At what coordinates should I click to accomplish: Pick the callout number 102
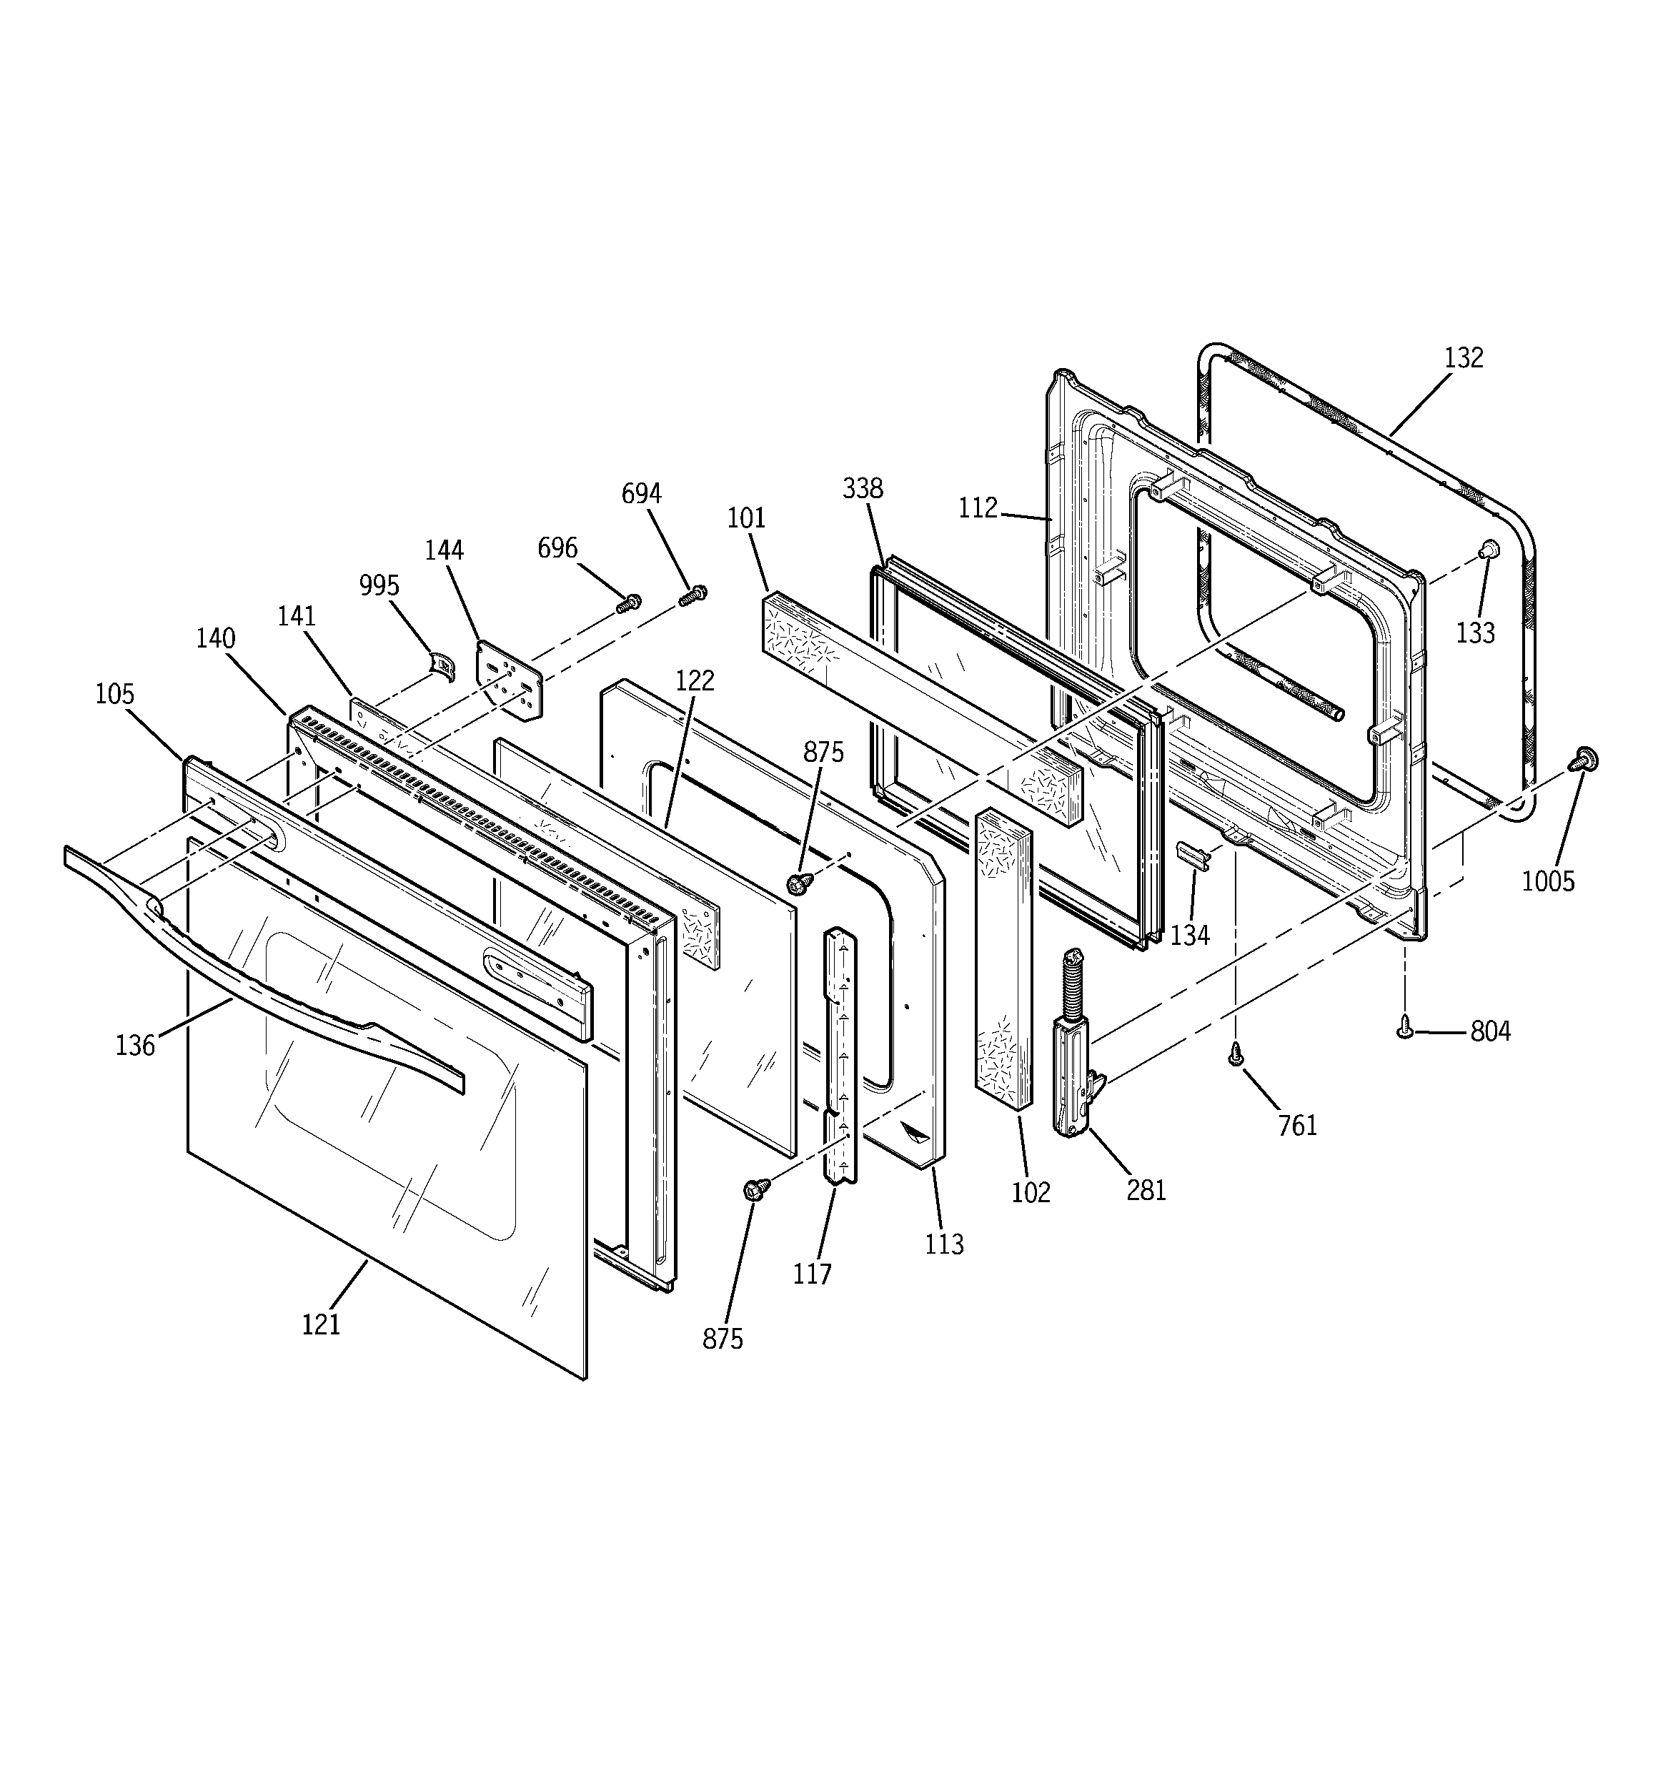[1031, 1192]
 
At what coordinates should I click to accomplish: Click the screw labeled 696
[628, 604]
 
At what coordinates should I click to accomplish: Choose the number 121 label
[322, 1325]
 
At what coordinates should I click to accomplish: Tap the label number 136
[135, 1046]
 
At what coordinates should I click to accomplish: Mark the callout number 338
[863, 488]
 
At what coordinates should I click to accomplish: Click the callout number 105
[115, 694]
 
